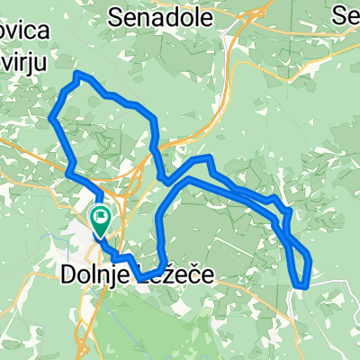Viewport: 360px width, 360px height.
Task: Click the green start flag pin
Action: pyautogui.click(x=99, y=216)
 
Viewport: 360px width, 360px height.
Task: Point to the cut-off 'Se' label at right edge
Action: pyautogui.click(x=346, y=15)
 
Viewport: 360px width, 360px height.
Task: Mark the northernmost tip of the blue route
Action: pyautogui.click(x=77, y=71)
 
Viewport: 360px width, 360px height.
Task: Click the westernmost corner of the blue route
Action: pyautogui.click(x=50, y=117)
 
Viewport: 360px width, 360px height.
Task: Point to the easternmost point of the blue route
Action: pyautogui.click(x=310, y=260)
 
